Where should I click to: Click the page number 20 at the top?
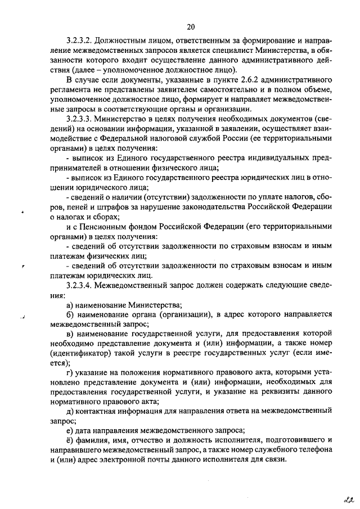[191, 26]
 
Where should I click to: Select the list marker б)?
[70, 315]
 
